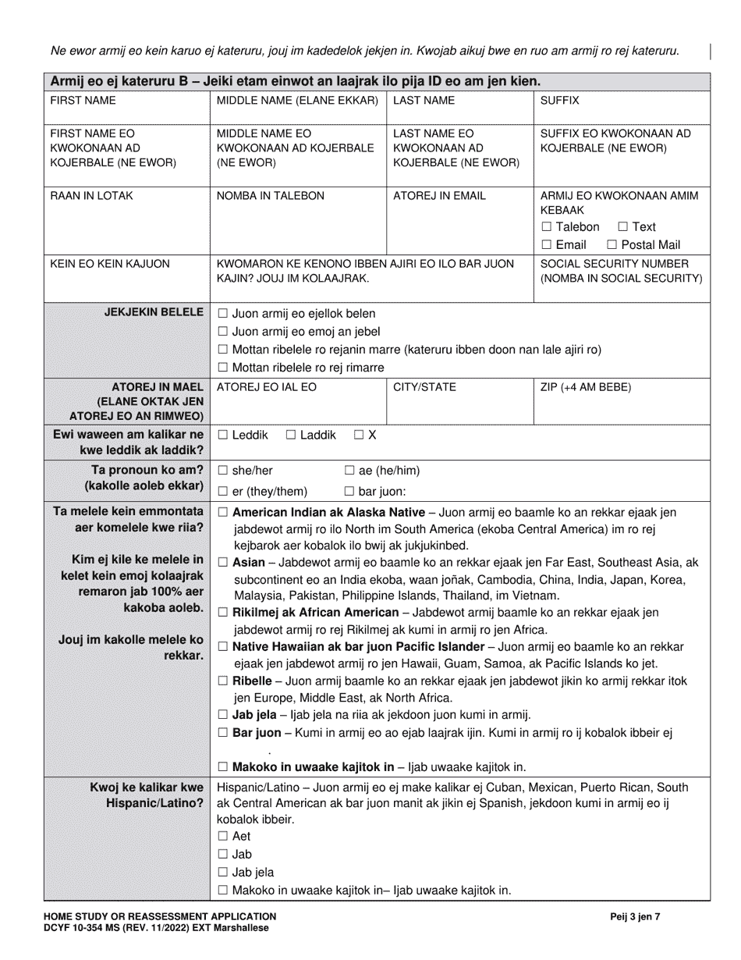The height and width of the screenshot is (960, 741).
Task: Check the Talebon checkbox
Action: tap(546, 227)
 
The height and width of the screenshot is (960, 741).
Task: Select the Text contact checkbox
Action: tap(623, 227)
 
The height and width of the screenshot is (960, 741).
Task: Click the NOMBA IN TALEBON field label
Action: tap(270, 196)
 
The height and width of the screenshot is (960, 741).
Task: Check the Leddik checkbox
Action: tap(223, 435)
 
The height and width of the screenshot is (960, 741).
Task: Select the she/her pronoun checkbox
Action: tap(223, 471)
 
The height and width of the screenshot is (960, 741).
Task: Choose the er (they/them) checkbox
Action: tap(223, 492)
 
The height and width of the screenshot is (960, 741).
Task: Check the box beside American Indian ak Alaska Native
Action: tap(223, 513)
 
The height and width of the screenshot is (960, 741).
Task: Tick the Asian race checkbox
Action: tap(223, 562)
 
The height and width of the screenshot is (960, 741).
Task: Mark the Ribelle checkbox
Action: tap(223, 681)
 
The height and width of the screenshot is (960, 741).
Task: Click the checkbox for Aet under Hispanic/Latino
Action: tap(223, 837)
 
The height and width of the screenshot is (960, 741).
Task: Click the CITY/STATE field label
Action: tap(424, 387)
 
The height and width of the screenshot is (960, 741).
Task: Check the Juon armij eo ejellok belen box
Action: tap(223, 314)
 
